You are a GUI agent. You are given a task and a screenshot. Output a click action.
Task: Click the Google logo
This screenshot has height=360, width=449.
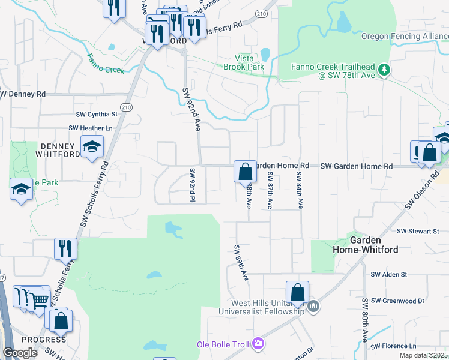point(20,352)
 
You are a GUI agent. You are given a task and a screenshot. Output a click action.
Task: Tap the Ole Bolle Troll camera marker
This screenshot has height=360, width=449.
point(259,344)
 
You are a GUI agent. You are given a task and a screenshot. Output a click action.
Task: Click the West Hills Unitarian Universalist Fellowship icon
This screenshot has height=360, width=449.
point(313,307)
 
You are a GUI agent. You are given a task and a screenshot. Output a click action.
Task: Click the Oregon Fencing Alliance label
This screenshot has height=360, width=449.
point(404,36)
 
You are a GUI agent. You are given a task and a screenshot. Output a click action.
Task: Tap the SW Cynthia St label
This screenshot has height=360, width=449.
point(97,114)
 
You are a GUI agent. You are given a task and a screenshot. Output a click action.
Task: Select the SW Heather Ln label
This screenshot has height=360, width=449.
point(91,128)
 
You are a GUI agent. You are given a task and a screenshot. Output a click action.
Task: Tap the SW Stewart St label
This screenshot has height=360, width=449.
point(419,231)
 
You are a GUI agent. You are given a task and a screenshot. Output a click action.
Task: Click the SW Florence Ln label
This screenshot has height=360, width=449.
point(394,346)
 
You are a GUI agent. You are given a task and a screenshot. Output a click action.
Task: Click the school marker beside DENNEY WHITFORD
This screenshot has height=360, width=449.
point(92,146)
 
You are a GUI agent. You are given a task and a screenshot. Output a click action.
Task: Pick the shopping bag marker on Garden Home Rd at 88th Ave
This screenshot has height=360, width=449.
point(245,172)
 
